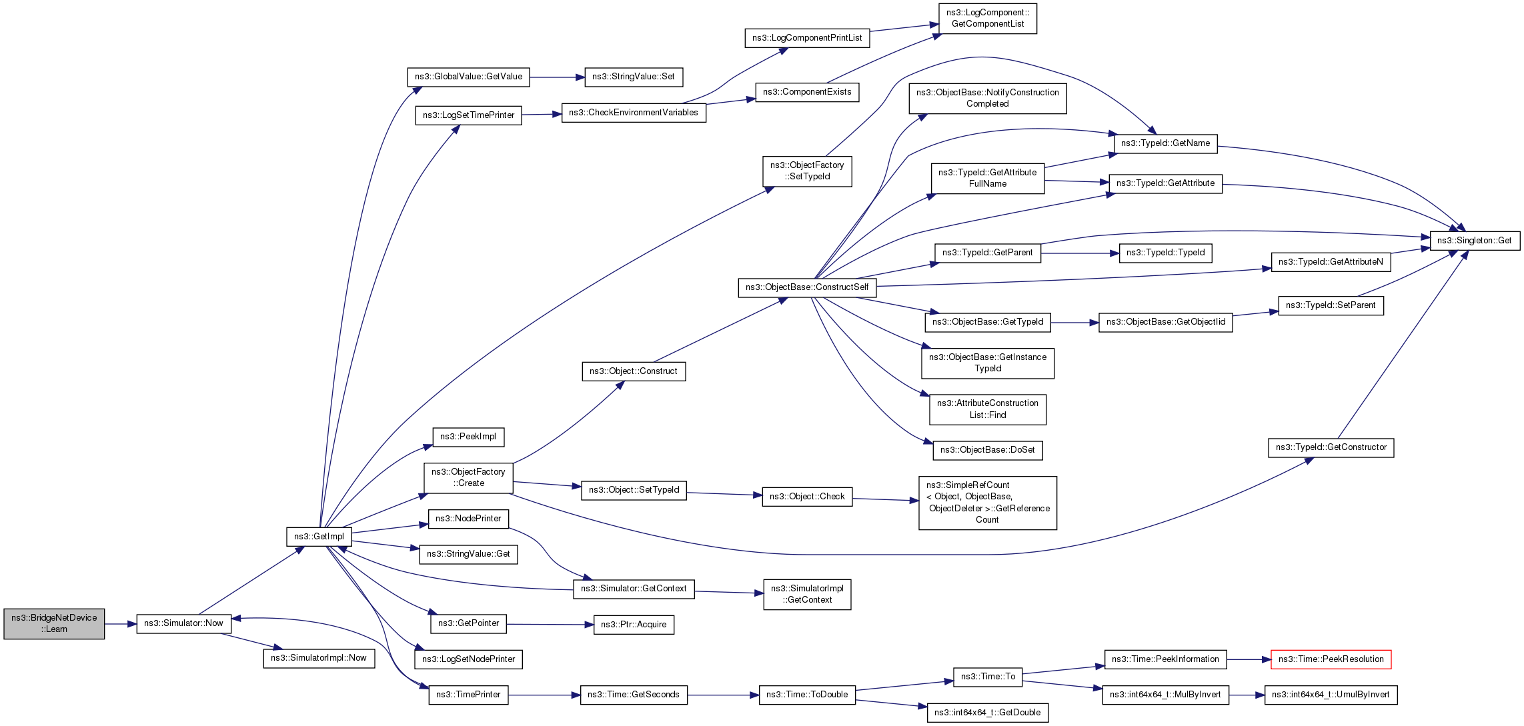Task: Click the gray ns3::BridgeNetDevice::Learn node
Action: coord(54,623)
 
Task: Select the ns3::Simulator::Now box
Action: coord(183,623)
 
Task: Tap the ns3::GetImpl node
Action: coord(319,537)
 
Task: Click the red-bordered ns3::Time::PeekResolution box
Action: coord(1331,659)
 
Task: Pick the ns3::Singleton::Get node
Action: coord(1474,241)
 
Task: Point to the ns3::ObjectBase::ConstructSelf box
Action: coord(806,287)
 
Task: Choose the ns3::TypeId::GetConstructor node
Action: coord(1331,447)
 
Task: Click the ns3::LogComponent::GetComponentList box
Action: coord(987,18)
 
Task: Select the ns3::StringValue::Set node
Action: coord(633,77)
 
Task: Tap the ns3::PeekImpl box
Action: coord(468,437)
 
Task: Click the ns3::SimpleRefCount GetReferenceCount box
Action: coord(987,503)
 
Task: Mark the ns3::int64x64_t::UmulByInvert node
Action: coord(1330,695)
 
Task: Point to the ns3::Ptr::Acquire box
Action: coord(633,625)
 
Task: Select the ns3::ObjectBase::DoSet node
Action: coord(987,450)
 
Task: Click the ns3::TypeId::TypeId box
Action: coord(1165,253)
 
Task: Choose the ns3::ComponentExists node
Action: coord(806,92)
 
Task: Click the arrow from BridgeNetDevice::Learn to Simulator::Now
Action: coord(121,624)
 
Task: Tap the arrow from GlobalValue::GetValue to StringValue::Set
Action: coord(557,77)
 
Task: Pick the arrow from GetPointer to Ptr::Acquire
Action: coord(550,625)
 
